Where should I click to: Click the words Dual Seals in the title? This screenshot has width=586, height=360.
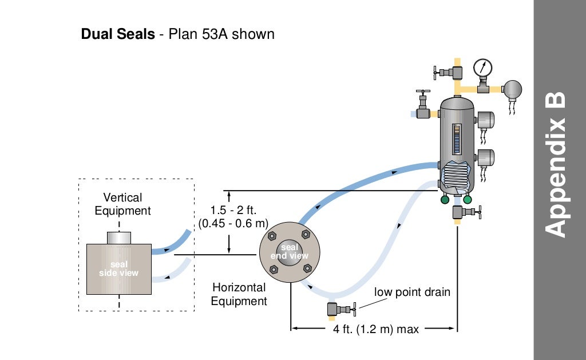(118, 34)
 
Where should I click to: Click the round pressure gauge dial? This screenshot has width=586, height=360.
(482, 68)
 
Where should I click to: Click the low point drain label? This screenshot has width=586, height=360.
(412, 292)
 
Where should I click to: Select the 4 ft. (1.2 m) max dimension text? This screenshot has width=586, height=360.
(376, 330)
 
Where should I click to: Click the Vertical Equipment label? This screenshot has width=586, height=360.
(122, 204)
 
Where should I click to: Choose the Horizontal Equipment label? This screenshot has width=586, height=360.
(239, 294)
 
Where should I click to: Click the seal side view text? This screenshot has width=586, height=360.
(119, 268)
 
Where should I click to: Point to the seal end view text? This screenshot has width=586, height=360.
(290, 252)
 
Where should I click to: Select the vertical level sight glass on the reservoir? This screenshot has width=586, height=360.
(456, 139)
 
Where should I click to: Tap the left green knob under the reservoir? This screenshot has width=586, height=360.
(445, 200)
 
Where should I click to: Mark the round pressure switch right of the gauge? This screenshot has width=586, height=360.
(512, 88)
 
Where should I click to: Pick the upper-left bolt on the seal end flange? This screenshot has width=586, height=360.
(272, 235)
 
